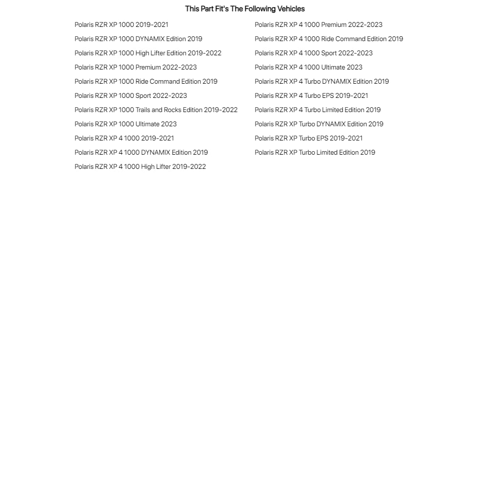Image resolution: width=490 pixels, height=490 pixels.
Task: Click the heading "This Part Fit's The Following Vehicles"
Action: coord(245,9)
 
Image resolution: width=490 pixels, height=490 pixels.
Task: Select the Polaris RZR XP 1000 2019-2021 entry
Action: coord(121,24)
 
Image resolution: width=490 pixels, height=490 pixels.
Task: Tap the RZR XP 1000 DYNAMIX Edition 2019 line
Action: coord(138,39)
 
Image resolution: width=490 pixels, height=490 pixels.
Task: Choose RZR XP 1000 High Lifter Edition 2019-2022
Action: coord(148,53)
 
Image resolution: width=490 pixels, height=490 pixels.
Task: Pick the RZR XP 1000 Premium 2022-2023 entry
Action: coord(136,67)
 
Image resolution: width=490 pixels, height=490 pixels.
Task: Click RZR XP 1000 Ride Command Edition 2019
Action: coord(146,81)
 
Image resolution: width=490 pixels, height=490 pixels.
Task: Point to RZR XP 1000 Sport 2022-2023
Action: coord(131,95)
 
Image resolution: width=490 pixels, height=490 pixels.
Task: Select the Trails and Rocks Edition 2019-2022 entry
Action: coord(156,110)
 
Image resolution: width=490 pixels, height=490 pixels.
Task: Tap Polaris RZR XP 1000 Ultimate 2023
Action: coord(125,124)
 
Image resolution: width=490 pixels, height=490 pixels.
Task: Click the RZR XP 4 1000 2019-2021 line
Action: coord(124,138)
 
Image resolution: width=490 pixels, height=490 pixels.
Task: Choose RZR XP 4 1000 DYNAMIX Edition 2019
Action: coord(141,152)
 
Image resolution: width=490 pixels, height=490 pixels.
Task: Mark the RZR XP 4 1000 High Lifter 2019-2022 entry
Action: coord(140,166)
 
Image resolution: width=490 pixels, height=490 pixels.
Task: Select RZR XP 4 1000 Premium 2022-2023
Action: coord(318,24)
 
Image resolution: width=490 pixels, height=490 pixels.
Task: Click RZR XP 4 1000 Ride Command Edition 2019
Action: coord(329,39)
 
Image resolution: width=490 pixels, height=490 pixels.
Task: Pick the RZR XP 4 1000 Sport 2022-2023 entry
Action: coord(313,53)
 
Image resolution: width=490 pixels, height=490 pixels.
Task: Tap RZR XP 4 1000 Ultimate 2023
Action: coord(308,67)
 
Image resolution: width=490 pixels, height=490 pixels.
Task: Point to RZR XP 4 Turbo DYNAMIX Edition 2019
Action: coord(322,81)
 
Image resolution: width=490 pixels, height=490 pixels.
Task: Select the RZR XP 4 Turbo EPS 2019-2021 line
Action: coord(311,95)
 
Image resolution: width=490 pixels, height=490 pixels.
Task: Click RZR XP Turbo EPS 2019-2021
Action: coord(308,138)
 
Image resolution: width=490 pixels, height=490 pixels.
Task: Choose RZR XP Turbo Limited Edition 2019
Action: coord(315,152)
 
